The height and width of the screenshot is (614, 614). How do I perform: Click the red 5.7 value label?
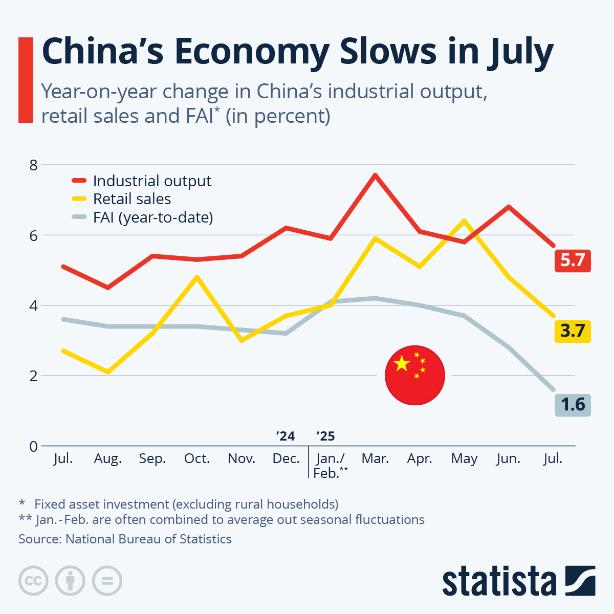573,260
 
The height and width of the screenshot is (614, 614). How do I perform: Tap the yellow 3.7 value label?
573,331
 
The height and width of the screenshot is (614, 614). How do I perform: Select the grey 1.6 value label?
573,405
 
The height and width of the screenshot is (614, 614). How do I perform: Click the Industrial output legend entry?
151,181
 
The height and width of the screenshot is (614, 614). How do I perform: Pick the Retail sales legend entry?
131,199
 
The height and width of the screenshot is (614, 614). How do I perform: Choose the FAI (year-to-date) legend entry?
152,217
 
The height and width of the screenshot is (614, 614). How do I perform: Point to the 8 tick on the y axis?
34,165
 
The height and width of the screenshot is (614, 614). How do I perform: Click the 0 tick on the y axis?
34,446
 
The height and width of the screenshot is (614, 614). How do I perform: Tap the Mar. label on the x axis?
375,458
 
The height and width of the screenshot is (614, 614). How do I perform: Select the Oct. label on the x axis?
197,458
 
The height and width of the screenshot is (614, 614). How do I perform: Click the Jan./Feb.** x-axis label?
331,466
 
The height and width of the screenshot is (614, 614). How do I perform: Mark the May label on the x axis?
464,458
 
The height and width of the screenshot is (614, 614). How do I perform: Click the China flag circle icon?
415,375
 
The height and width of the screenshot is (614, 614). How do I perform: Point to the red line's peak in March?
375,175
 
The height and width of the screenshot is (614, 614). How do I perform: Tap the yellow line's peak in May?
464,221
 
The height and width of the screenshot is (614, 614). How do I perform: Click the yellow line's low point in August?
108,372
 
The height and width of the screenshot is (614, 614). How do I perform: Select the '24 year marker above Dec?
285,436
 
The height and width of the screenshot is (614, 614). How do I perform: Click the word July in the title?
516,52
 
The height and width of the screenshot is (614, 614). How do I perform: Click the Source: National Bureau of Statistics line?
125,539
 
